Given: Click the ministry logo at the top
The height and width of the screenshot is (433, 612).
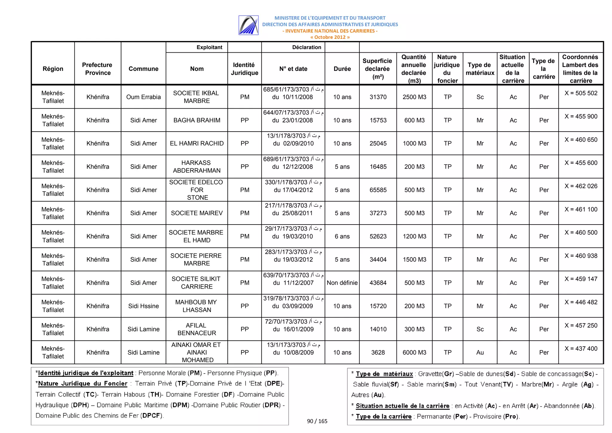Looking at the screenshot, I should click(248, 25).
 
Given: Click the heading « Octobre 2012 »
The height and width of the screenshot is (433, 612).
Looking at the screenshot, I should click(330, 37).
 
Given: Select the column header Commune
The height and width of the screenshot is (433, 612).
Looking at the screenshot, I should click(143, 69).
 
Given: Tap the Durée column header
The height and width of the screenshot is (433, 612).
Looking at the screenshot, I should click(342, 69).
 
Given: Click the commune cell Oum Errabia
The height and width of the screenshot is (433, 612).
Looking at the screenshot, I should click(143, 97).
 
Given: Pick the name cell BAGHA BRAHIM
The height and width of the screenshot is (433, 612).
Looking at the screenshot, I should click(197, 120).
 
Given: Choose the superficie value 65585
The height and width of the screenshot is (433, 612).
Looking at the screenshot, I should click(378, 190).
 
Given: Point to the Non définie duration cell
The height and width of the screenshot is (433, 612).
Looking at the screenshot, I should click(342, 283).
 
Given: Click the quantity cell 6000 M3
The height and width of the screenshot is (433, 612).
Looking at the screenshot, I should click(414, 352).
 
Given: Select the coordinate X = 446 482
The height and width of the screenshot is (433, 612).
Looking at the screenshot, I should click(581, 302).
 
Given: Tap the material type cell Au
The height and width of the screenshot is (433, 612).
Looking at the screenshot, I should click(480, 352).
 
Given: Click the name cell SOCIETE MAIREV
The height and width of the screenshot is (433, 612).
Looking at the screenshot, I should click(197, 213).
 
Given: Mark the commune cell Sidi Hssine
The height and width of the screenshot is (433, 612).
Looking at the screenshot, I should click(143, 306).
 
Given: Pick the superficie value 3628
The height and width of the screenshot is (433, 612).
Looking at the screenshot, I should click(378, 352).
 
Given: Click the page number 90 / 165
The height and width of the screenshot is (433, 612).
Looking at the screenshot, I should click(317, 421).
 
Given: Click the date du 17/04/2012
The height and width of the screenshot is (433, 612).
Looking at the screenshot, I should click(293, 190).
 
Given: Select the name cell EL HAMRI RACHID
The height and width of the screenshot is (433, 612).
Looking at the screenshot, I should click(197, 143).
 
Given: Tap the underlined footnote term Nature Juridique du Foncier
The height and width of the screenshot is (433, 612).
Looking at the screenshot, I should click(82, 383).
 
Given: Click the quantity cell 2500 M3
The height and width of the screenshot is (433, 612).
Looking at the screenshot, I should click(414, 97).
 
